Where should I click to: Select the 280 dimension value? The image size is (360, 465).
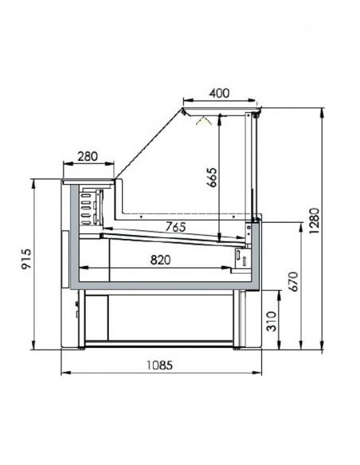point(88,157)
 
